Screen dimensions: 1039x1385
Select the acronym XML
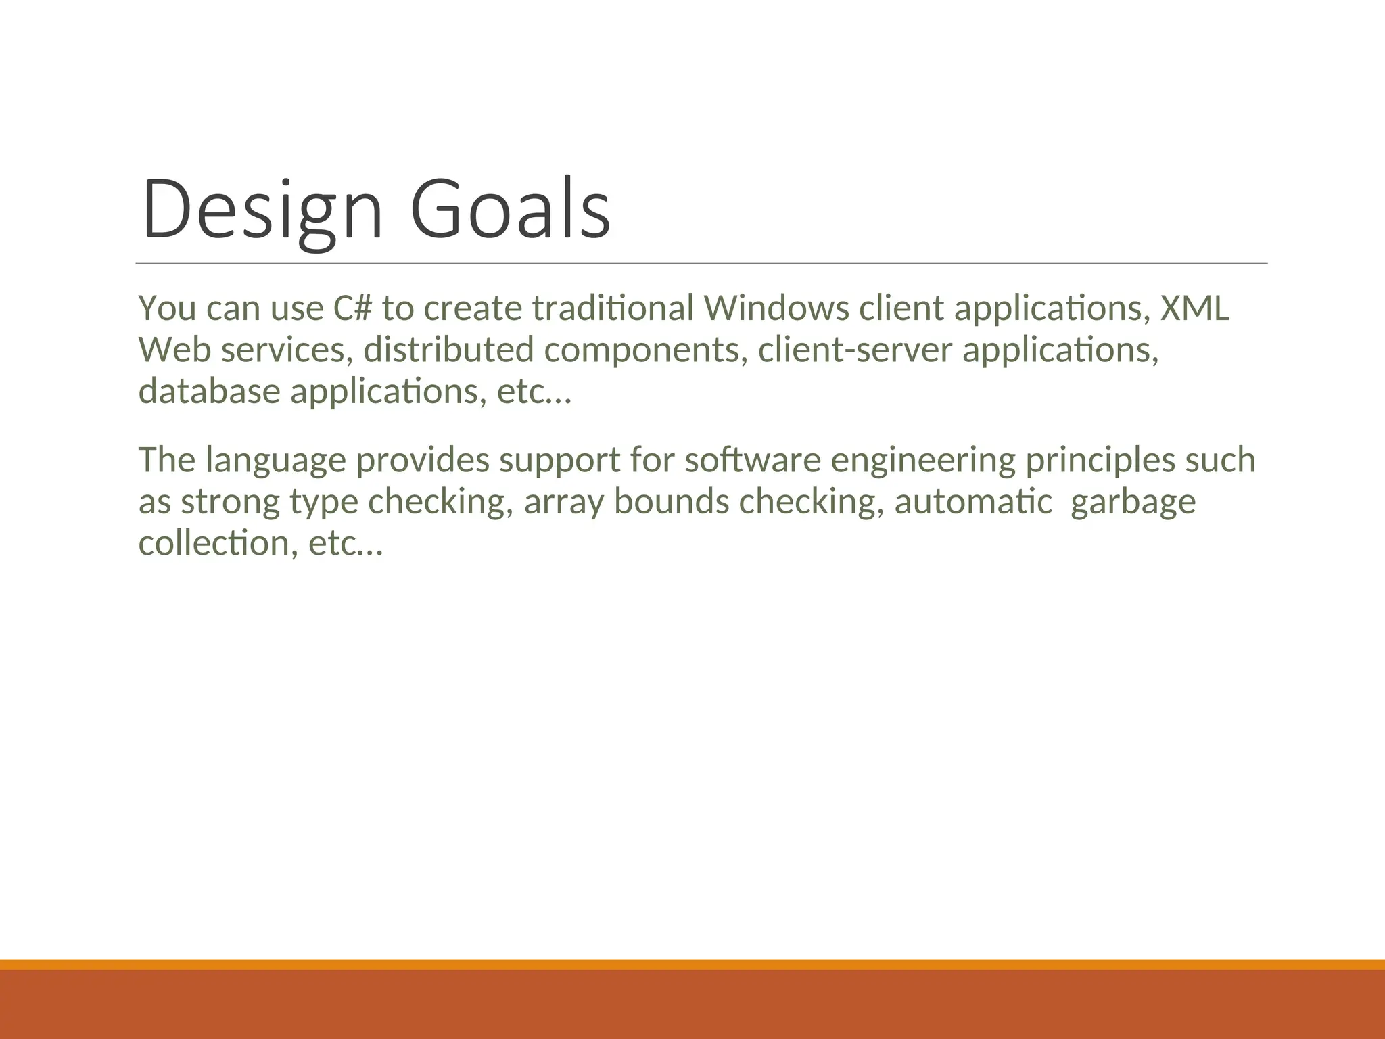pos(1194,308)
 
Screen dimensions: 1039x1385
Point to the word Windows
pos(776,308)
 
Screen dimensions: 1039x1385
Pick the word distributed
pos(448,350)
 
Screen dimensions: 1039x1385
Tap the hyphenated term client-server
pos(855,350)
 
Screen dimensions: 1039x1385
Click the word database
pos(209,392)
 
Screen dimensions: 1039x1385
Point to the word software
pos(753,460)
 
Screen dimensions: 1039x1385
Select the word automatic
pos(973,502)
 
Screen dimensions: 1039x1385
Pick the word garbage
pos(1133,503)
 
